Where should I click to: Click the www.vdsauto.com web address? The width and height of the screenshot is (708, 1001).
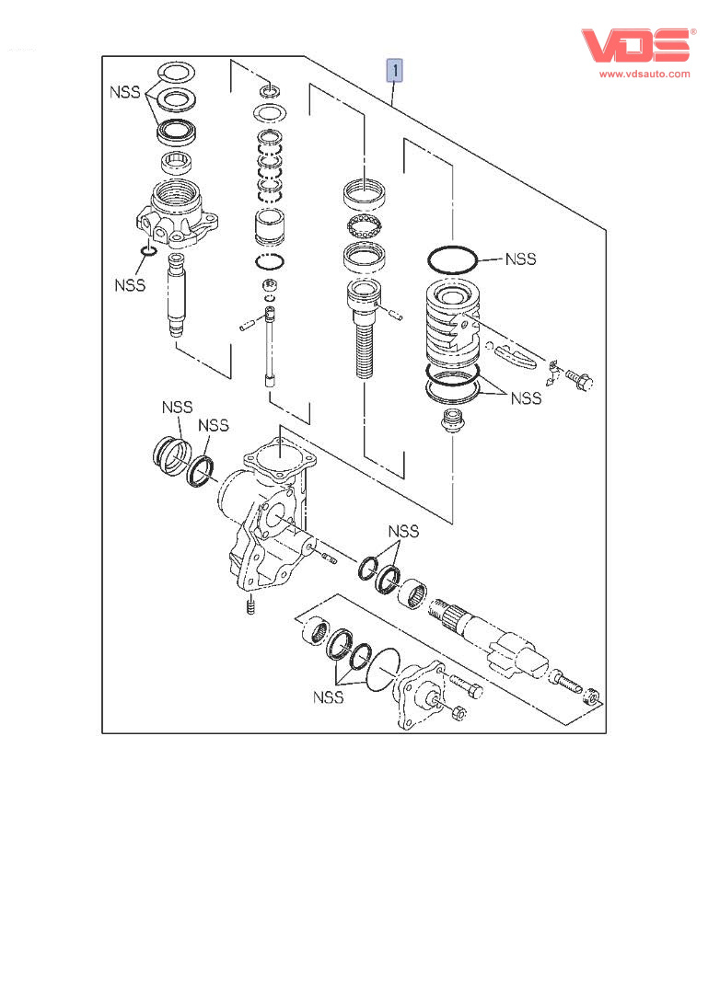[x=644, y=75]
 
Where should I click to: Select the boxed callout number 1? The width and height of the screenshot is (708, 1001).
[x=395, y=70]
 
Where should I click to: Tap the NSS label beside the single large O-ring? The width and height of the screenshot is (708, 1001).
[x=520, y=259]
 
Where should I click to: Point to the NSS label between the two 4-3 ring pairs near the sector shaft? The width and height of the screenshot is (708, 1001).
[x=402, y=531]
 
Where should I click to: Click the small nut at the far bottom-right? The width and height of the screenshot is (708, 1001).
[x=594, y=700]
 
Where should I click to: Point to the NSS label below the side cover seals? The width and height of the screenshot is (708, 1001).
[x=327, y=696]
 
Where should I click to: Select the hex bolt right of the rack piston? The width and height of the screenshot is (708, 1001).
[x=579, y=377]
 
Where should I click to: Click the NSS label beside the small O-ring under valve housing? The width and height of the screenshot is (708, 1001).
[x=130, y=284]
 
